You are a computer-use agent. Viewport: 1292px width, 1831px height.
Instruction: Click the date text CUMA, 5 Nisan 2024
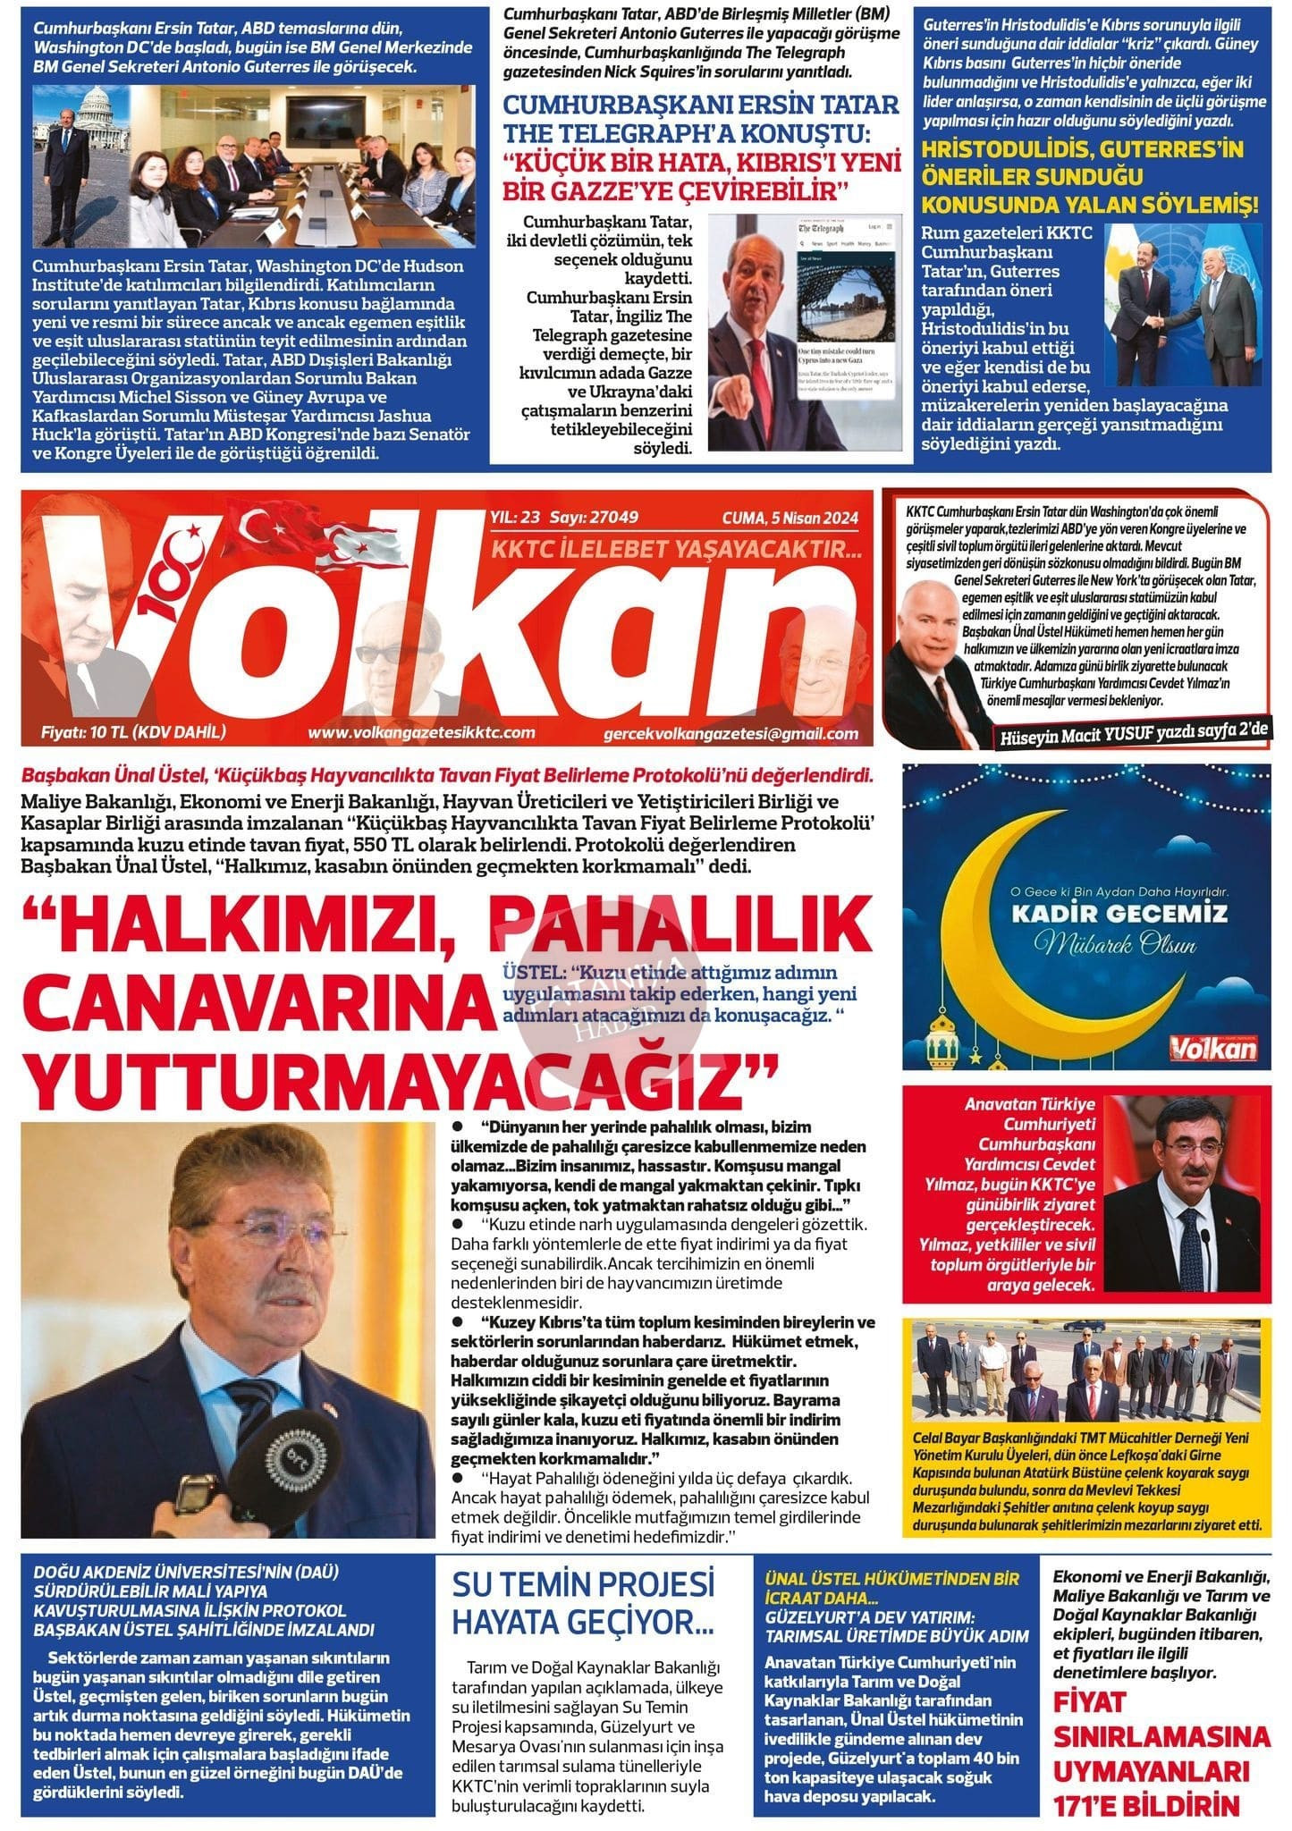790,518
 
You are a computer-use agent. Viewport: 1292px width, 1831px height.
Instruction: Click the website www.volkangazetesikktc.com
421,733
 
